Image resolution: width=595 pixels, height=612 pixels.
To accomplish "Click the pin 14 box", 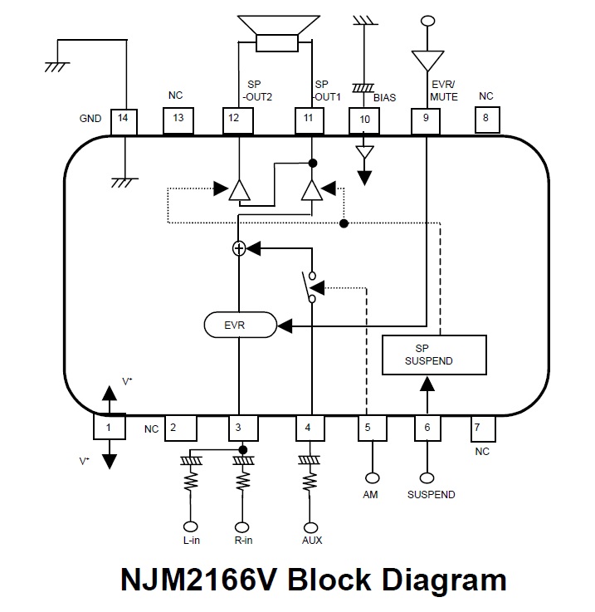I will [124, 119].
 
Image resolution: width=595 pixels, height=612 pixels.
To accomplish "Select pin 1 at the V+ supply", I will [108, 428].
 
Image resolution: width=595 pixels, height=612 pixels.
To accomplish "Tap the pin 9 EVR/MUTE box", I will [426, 119].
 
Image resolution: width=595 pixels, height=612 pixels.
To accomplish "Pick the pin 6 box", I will [427, 428].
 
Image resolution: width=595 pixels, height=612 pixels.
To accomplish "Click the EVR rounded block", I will [240, 325].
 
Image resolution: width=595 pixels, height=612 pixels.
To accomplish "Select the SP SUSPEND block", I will [433, 355].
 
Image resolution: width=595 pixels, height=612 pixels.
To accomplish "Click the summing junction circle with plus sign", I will [239, 247].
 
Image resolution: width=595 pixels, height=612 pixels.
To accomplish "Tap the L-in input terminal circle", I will [191, 526].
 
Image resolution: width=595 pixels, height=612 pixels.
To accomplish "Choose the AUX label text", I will [312, 541].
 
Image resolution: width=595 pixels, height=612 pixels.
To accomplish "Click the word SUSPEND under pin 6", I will [431, 495].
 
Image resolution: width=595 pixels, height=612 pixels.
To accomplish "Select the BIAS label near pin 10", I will [384, 97].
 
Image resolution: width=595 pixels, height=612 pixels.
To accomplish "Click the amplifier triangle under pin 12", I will [240, 190].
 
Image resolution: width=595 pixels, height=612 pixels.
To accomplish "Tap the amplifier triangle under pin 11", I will [311, 190].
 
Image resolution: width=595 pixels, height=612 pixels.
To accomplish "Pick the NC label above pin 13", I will [175, 95].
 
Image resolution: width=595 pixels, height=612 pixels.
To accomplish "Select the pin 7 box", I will [482, 428].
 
